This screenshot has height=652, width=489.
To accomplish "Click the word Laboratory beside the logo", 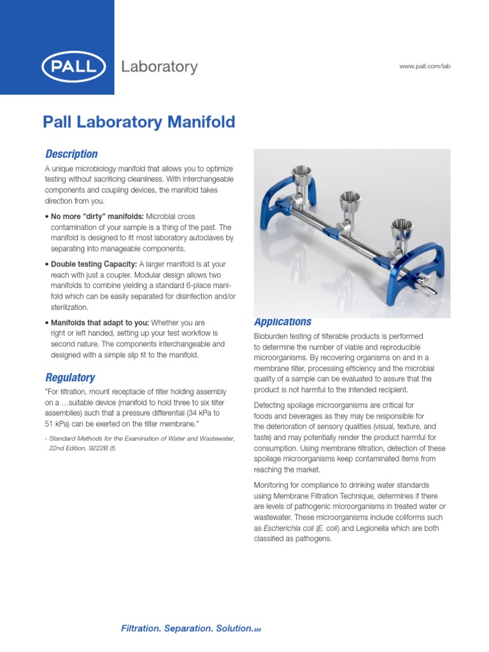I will pos(159,67).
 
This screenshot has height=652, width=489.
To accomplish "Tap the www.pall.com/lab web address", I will pos(425,67).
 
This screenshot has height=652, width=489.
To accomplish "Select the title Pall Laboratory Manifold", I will pos(139,122).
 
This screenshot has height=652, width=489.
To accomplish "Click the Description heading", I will pos(71,154).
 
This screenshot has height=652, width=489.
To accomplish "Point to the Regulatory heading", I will pos(70,378).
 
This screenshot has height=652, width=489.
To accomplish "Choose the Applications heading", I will pos(283,322).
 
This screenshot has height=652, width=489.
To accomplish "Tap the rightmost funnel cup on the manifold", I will pos(401,230).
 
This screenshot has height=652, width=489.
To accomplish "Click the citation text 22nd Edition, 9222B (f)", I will pos(83,448).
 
